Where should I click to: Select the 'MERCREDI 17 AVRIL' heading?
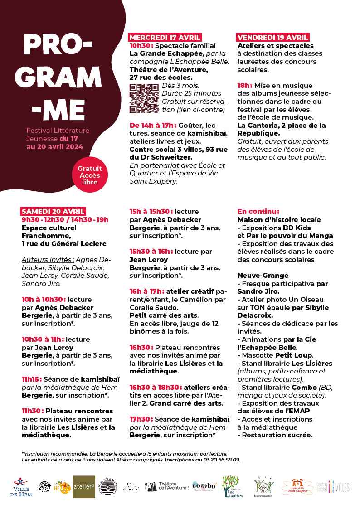click(165, 38)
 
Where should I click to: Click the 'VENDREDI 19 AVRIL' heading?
click(273, 38)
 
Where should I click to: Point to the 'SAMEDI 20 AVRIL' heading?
click(54, 211)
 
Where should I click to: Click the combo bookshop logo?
click(204, 486)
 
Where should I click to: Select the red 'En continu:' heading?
click(258, 212)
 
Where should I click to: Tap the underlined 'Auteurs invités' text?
click(48, 260)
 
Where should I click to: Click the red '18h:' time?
click(244, 85)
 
